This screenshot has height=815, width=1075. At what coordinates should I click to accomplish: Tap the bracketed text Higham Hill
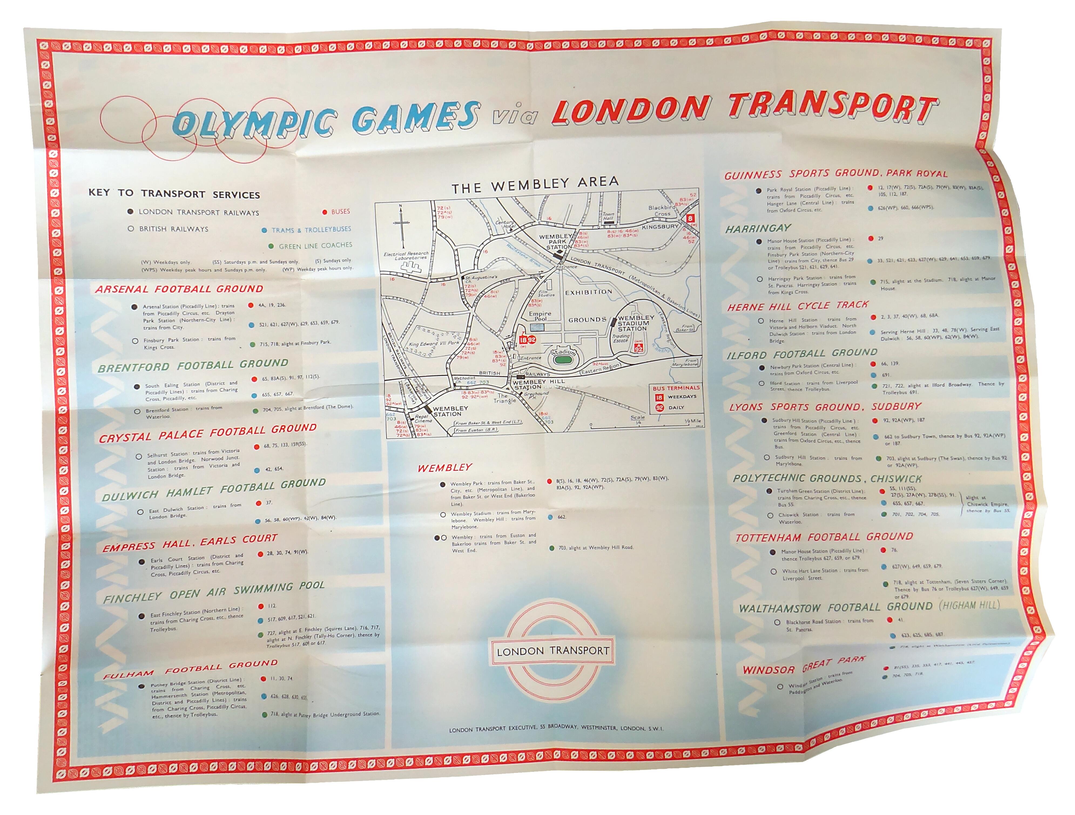969,605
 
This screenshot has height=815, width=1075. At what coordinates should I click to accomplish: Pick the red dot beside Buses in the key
325,212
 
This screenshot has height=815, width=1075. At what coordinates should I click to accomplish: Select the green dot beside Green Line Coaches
271,246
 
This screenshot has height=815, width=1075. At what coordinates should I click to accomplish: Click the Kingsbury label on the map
660,227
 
